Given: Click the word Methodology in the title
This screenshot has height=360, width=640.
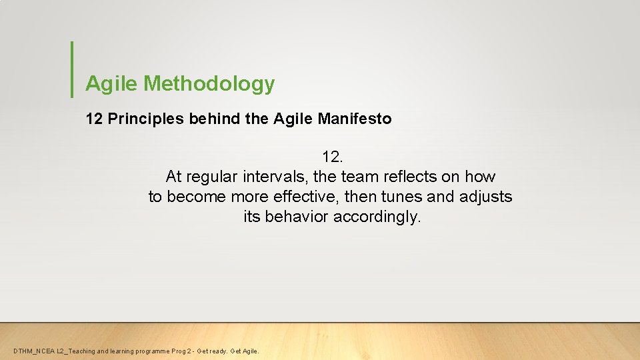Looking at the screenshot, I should point(209,84).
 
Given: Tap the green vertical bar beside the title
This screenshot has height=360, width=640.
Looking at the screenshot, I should point(71,69).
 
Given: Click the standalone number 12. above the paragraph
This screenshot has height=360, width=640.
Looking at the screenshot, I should point(332,157).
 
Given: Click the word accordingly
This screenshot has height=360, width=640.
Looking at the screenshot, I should point(377,217).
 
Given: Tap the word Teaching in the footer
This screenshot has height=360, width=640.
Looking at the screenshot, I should point(82,351).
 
